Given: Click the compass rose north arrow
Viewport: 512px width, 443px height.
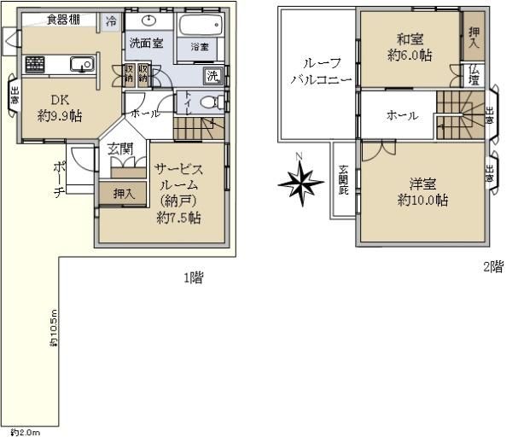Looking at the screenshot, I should [x=299, y=182].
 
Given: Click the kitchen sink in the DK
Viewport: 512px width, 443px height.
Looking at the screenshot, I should [x=83, y=62].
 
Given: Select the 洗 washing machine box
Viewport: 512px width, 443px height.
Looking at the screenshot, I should [x=212, y=76].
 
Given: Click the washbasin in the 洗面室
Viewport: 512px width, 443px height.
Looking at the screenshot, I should [x=148, y=21].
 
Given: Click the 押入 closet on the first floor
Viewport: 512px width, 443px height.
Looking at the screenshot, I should [x=125, y=194].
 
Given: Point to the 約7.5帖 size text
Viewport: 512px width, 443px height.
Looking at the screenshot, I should [x=179, y=218].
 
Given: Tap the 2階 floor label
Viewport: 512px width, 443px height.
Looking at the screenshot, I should [x=492, y=266].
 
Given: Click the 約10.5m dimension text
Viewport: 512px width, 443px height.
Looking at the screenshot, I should [x=53, y=329].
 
